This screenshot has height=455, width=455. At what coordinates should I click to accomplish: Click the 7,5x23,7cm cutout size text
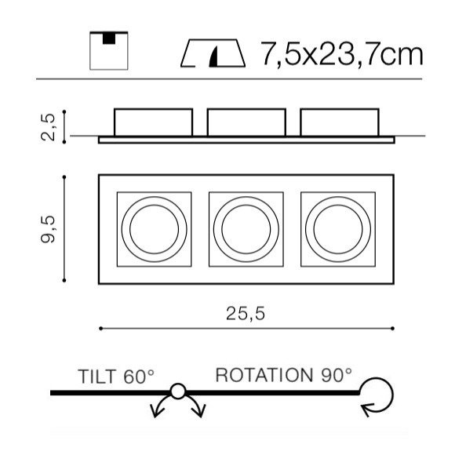click(x=342, y=54)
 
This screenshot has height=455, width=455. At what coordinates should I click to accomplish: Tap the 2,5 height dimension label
click(x=48, y=127)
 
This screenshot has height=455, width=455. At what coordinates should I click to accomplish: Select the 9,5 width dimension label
click(x=48, y=229)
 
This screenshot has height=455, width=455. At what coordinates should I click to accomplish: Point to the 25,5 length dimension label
click(x=246, y=314)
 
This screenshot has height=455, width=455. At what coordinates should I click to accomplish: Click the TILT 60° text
click(x=116, y=377)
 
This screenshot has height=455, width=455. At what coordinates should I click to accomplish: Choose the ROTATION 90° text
click(x=283, y=375)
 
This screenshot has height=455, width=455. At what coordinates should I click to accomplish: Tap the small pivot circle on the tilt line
click(x=178, y=391)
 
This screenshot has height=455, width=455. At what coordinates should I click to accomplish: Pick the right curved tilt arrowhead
click(x=199, y=411)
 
